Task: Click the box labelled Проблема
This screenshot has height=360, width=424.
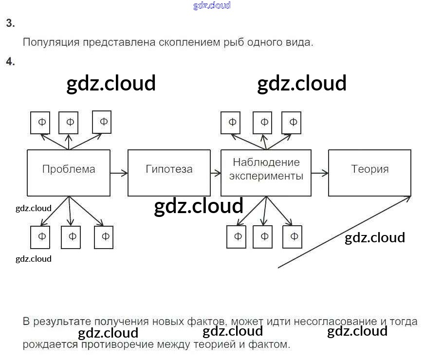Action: (x=68, y=172)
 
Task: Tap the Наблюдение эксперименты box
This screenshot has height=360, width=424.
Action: (x=266, y=172)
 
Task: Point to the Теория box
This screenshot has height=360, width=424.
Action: (x=369, y=172)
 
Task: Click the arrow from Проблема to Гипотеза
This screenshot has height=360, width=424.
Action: (x=119, y=172)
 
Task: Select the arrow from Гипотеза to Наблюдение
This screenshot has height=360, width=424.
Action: (x=215, y=172)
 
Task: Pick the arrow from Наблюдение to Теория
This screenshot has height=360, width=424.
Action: (x=319, y=172)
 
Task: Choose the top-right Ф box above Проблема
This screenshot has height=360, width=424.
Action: (x=102, y=121)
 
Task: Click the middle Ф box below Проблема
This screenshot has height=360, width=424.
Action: (x=71, y=237)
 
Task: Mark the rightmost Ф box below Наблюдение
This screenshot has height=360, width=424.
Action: (x=294, y=237)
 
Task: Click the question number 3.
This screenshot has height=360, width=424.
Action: (x=10, y=23)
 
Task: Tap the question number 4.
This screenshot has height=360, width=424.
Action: (x=10, y=61)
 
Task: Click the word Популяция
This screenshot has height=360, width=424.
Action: (x=51, y=42)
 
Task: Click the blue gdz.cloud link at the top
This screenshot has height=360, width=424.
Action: (x=212, y=6)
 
